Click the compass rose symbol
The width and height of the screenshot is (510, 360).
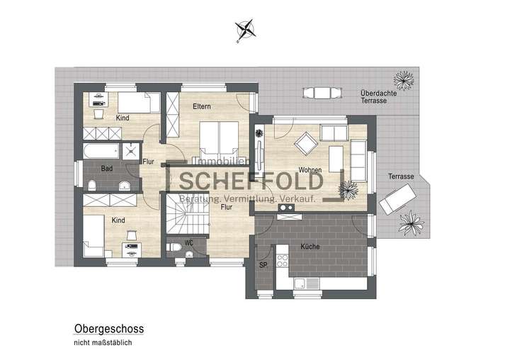click(x=246, y=28)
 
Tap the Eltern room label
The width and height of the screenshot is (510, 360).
click(x=203, y=107)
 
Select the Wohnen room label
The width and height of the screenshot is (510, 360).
click(x=310, y=171)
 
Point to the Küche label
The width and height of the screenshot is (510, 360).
click(x=310, y=247)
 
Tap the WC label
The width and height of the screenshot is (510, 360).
click(x=188, y=242)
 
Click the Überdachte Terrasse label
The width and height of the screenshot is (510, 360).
click(x=373, y=96)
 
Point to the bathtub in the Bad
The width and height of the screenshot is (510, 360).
click(x=100, y=151)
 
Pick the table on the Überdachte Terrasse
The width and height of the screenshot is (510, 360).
click(x=321, y=93)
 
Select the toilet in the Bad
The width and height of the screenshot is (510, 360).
click(x=93, y=184)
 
